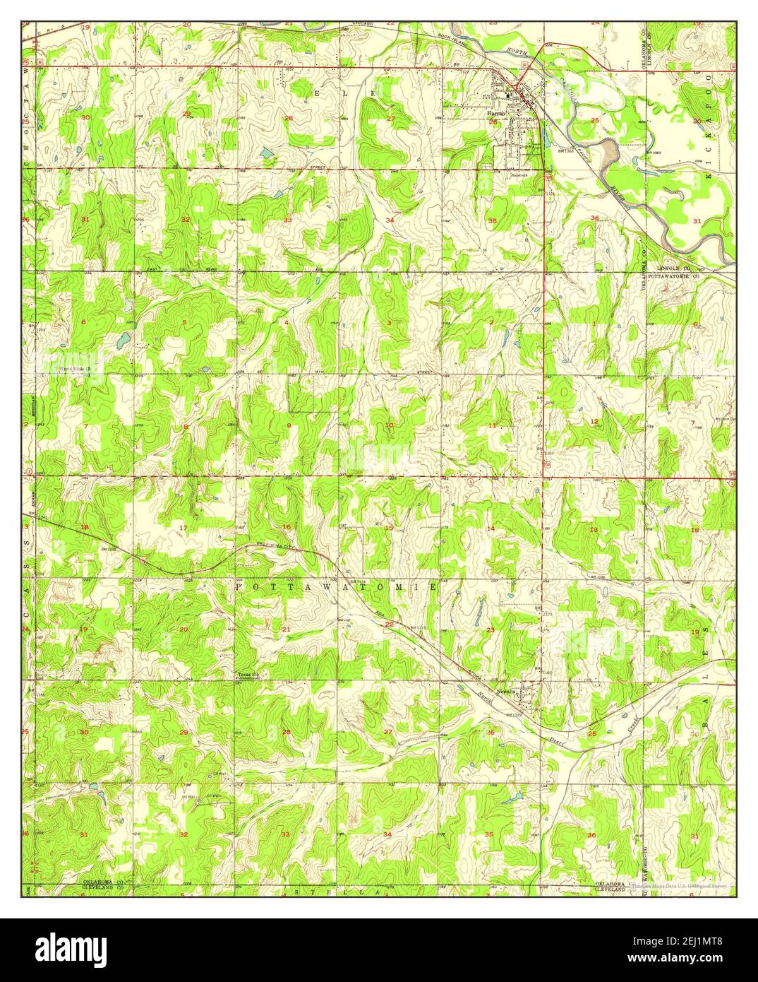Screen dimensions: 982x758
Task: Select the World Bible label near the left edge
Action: click(79, 368)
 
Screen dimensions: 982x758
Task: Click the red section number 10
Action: click(389, 425)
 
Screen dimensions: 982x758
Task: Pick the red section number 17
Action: click(184, 528)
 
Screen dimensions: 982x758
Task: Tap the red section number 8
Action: click(186, 426)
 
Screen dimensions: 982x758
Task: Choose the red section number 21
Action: click(287, 629)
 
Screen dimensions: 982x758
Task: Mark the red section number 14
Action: click(491, 528)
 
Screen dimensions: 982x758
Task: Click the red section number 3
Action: click(389, 322)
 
